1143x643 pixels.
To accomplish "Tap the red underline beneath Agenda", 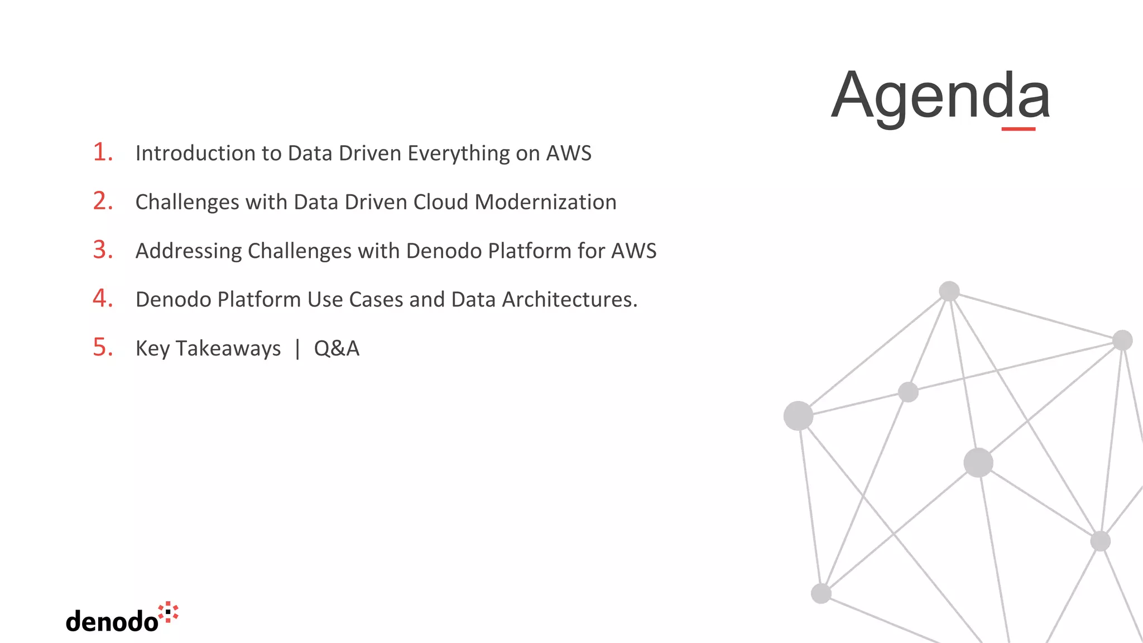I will [1018, 129].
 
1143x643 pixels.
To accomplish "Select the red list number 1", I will [102, 152].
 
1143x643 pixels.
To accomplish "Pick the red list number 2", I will [103, 201].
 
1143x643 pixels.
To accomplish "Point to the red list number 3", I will [103, 249].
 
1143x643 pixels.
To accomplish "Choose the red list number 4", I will [103, 298].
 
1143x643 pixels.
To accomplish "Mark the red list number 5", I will [103, 347].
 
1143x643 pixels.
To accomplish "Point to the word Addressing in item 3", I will [188, 251].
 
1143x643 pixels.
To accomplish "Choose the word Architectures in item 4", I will [569, 300].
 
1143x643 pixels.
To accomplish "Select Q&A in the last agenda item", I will [337, 348].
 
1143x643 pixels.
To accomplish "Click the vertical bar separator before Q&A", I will [297, 349].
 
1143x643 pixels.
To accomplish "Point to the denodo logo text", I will [112, 621].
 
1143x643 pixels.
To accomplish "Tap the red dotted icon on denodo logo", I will [168, 612].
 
